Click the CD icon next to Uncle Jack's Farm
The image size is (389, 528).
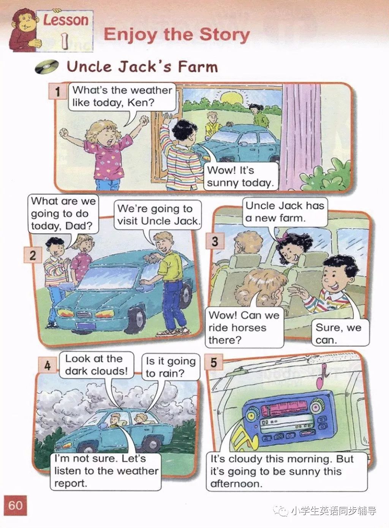tap(47, 66)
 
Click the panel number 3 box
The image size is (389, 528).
tap(215, 241)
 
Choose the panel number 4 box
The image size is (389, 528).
tap(47, 365)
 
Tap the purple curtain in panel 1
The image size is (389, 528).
tap(302, 137)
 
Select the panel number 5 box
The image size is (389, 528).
tap(213, 362)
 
